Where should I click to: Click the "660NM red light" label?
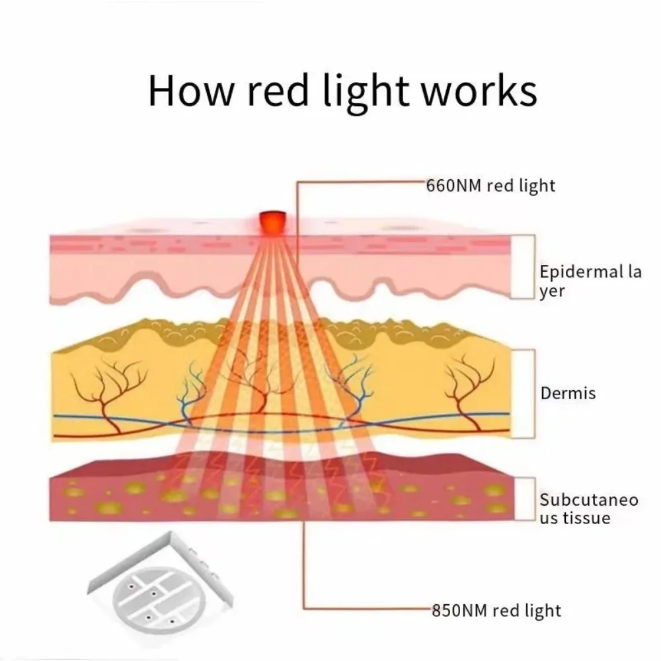tap(492, 186)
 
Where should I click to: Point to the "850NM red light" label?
tap(496, 610)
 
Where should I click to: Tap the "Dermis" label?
tap(568, 393)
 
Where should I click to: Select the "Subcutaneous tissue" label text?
tap(589, 508)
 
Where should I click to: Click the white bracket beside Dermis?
tap(524, 393)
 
